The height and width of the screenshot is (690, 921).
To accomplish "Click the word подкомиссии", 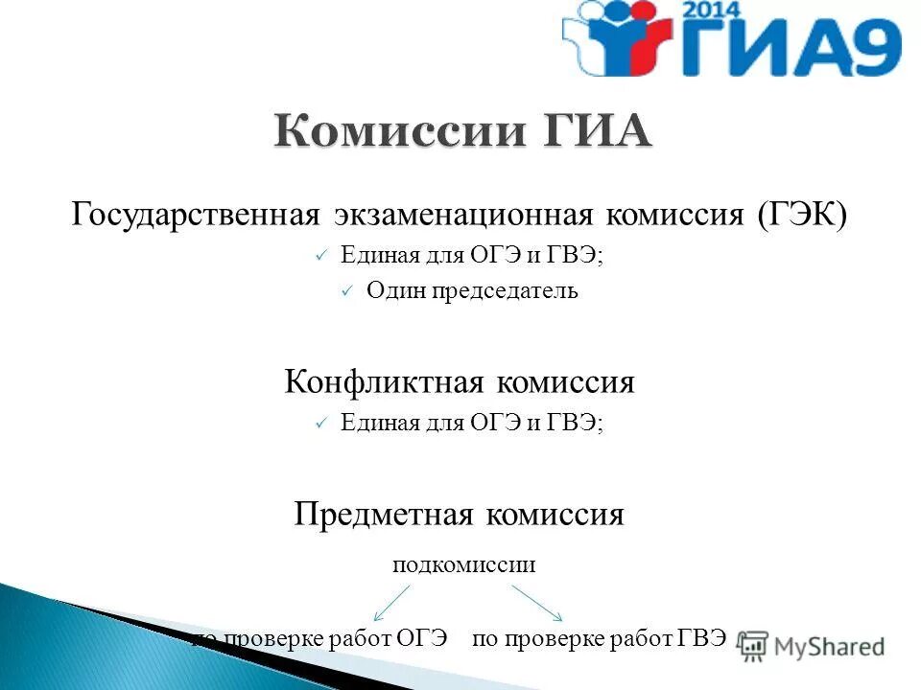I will point(463,564).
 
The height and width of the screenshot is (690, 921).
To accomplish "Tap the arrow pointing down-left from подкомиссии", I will point(390,604).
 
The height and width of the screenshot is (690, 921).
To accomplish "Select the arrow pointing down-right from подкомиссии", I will point(536,604).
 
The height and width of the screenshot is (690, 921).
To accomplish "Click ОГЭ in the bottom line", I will point(422,639).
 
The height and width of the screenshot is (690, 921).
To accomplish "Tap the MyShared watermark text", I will point(828,647).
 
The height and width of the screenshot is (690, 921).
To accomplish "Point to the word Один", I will point(388,290).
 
